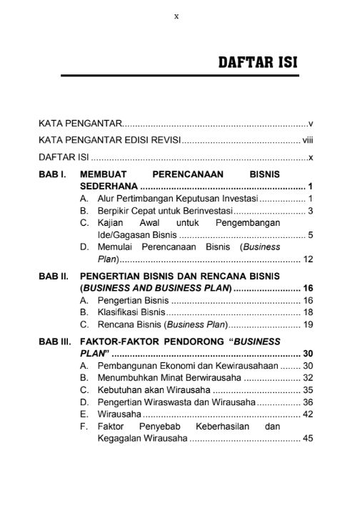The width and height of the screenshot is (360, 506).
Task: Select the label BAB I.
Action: pos(54,174)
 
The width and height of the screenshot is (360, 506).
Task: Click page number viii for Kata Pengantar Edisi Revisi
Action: pos(308,139)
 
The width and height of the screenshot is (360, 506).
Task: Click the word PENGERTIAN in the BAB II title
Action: pos(115,275)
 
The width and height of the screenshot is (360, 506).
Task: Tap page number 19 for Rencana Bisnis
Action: pos(309,324)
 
